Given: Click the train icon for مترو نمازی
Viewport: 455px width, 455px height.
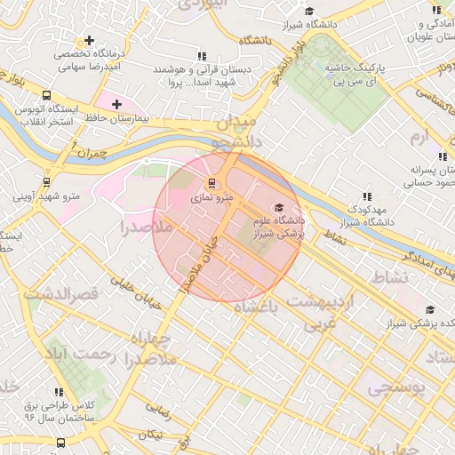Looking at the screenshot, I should click(211, 184).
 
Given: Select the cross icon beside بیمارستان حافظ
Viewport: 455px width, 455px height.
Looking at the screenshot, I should click(116, 105).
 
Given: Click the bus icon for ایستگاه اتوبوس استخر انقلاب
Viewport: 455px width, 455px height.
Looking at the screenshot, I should click(46, 96).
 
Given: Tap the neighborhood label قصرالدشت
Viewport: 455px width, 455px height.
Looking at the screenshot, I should click(60, 293).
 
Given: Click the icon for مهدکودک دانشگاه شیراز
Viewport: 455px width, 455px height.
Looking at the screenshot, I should click(366, 197).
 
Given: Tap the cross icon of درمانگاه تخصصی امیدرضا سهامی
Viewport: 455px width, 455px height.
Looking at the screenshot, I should click(89, 41).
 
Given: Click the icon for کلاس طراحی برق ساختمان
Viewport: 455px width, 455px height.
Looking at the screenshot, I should click(60, 390).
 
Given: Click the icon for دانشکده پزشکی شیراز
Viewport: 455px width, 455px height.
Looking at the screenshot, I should click(430, 310).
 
